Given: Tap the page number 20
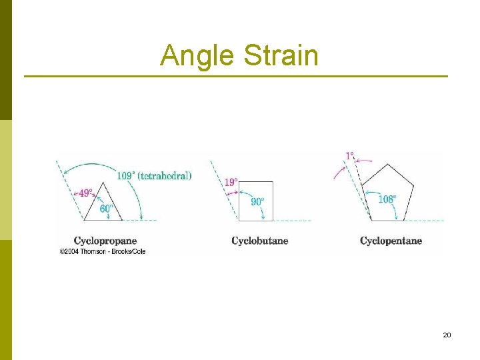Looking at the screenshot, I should [447, 335].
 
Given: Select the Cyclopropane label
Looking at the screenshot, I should [105, 241].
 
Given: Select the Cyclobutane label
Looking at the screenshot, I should [259, 241].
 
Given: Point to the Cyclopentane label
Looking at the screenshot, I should [391, 241].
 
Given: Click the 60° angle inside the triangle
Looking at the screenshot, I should [106, 208].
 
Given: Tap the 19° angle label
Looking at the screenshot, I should [231, 182].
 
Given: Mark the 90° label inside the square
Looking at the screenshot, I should [257, 201].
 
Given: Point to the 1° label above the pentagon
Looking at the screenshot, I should [349, 156].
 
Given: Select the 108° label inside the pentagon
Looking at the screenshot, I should [387, 199].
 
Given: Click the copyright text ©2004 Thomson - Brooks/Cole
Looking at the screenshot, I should [103, 251].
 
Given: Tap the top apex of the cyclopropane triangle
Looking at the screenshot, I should [103, 181].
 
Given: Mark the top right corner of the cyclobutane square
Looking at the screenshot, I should [273, 181].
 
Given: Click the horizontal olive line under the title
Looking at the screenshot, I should [236, 76].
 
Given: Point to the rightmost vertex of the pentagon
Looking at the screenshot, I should [414, 189].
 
